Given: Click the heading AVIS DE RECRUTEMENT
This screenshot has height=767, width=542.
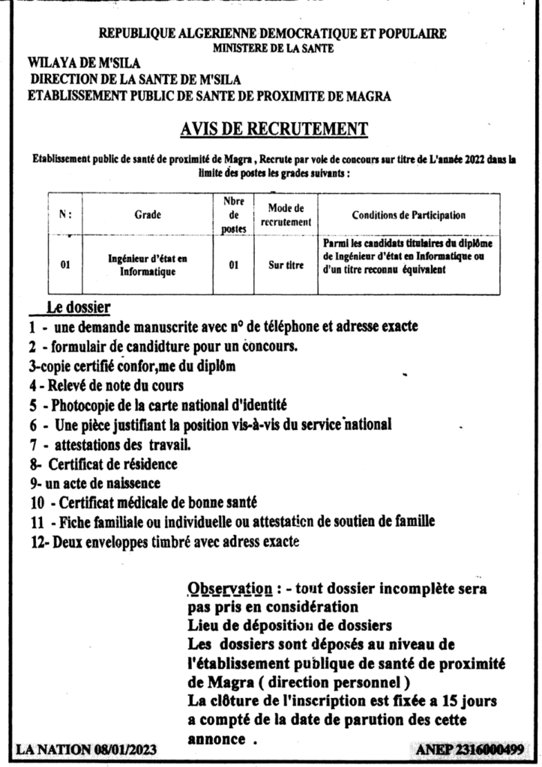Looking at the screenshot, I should [263, 130].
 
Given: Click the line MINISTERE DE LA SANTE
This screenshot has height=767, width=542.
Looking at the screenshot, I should [271, 49].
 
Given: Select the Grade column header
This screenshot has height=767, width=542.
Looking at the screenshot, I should [148, 215].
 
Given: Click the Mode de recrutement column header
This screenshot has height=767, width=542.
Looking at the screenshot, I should [286, 215].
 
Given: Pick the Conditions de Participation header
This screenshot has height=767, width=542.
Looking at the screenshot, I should [409, 215].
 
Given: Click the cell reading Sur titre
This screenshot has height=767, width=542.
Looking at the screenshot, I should [286, 264].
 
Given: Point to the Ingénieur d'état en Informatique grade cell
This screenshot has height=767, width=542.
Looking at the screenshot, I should [148, 265].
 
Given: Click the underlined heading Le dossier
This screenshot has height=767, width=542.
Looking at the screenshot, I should [78, 307].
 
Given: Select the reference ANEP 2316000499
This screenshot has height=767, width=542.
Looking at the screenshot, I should [469, 748].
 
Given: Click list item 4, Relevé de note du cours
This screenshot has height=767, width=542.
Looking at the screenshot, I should [106, 386].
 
